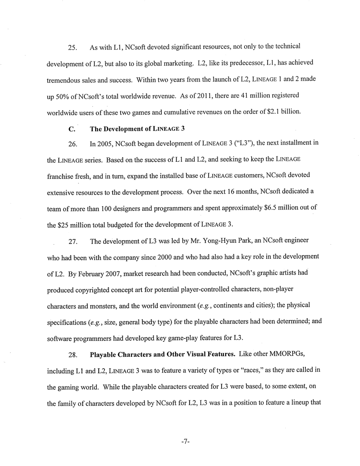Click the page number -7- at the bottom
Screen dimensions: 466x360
click(x=185, y=442)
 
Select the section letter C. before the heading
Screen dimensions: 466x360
click(x=72, y=129)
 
